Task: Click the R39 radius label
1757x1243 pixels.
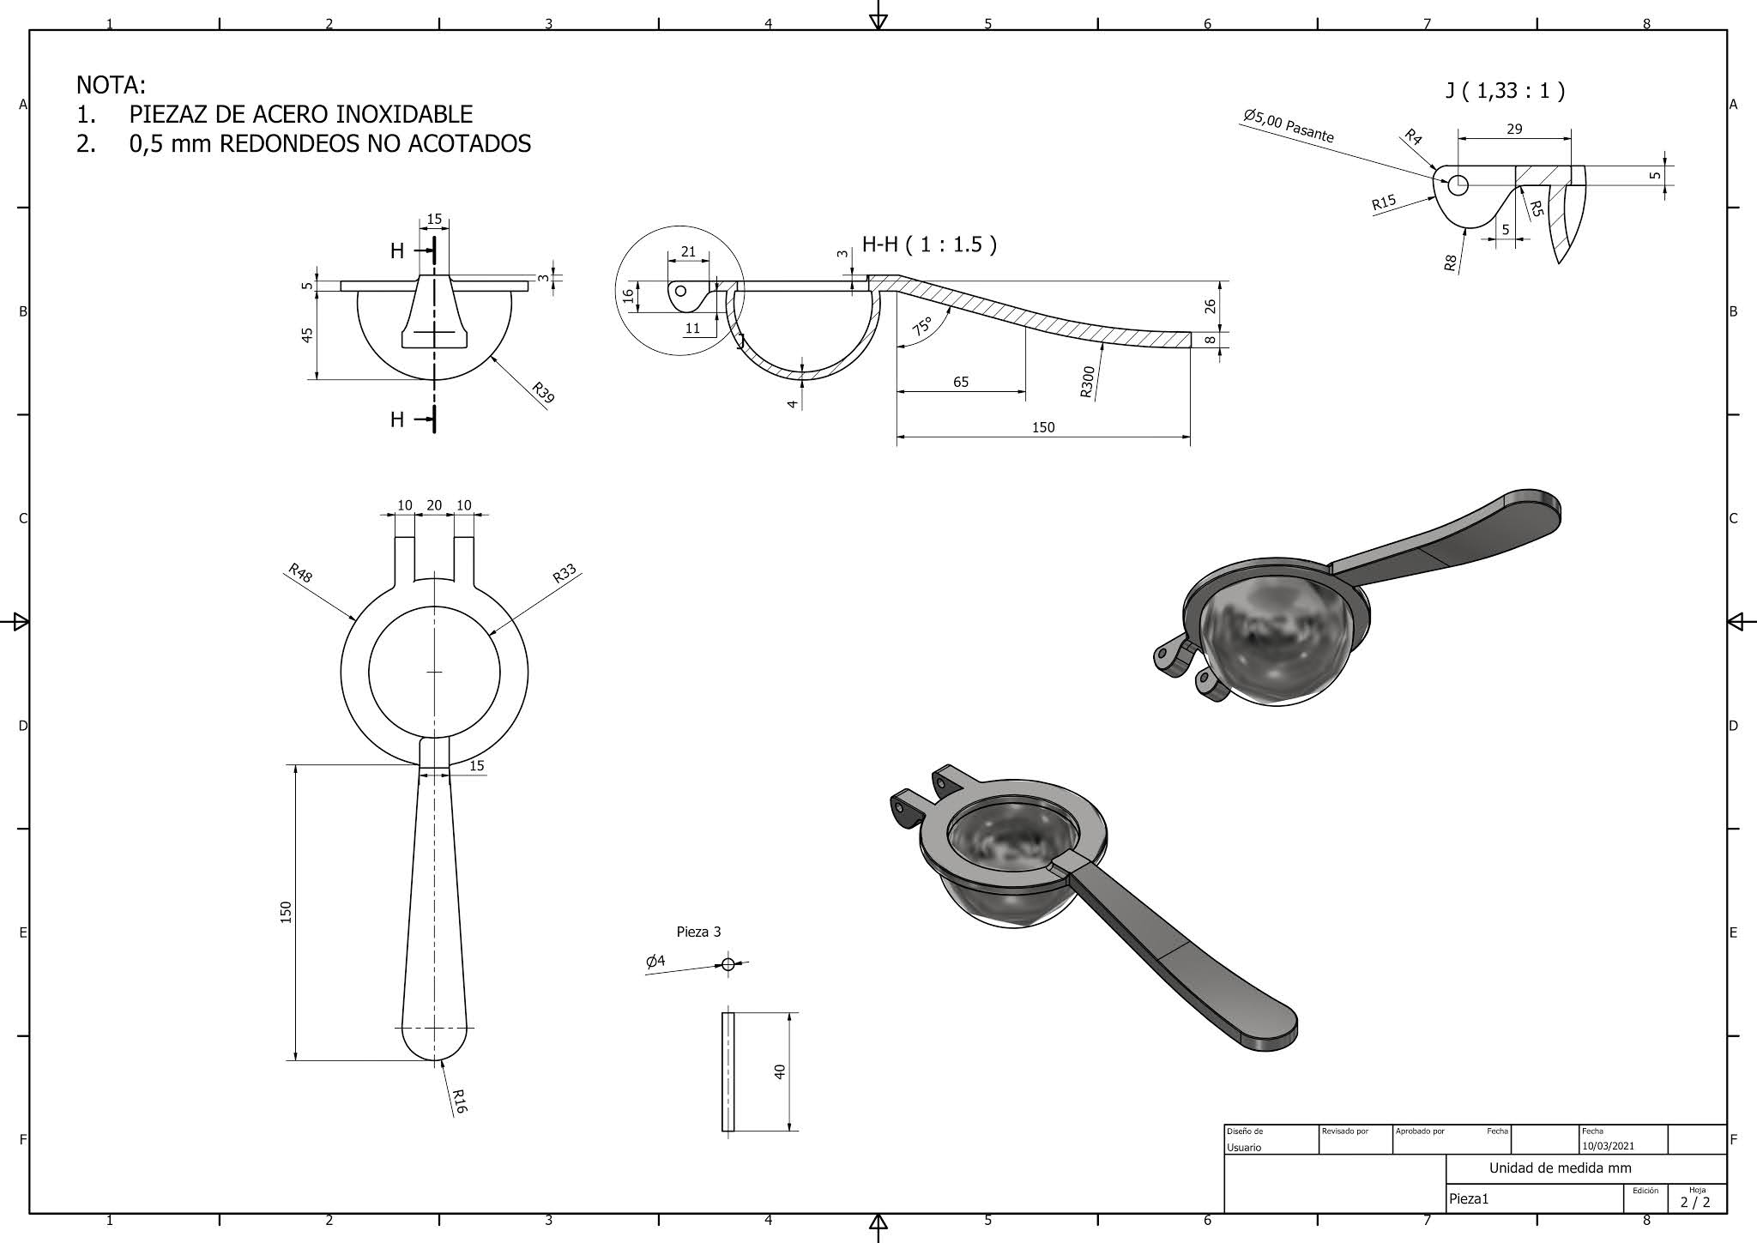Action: click(543, 393)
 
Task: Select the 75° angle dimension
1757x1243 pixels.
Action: click(922, 326)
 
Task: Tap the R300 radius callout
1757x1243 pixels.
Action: click(1087, 382)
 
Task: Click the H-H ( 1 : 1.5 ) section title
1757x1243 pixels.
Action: click(929, 244)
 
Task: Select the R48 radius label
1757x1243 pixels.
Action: click(300, 573)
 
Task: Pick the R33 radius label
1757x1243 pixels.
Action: click(565, 574)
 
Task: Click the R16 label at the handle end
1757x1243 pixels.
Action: click(459, 1101)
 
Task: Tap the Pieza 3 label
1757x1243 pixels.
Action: click(698, 932)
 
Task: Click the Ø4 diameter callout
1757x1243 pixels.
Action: click(655, 962)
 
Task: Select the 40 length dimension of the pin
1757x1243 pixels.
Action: click(780, 1071)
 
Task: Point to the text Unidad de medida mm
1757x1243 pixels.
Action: click(1560, 1168)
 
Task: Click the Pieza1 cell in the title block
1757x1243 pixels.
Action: click(1469, 1199)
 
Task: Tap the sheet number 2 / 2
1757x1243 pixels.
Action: click(1694, 1202)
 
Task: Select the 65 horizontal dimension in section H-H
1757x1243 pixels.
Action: click(961, 382)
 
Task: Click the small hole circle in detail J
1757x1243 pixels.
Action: click(1458, 184)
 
